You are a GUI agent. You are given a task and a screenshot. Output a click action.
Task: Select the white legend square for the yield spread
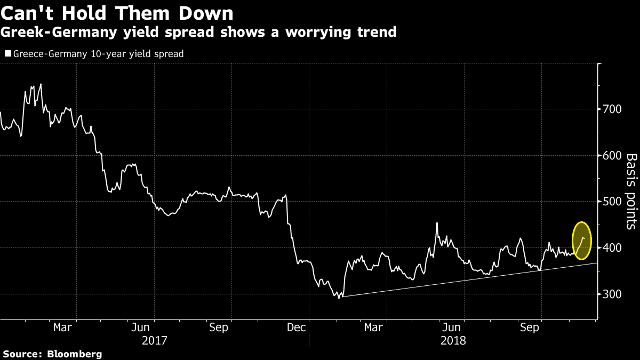point(7,54)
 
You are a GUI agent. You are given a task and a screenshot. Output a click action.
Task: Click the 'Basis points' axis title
point(631,191)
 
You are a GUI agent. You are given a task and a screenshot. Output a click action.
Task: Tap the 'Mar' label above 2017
point(63,327)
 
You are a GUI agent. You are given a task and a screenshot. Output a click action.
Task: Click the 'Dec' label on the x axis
point(297,327)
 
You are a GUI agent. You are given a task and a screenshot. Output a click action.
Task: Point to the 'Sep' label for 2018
point(530,327)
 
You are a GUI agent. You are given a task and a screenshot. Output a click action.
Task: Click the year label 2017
point(155,340)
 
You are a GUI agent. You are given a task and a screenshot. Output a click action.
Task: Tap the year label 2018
point(453,340)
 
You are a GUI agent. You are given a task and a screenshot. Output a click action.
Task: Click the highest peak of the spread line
point(41,84)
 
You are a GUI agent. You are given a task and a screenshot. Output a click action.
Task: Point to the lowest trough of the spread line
point(339,298)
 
